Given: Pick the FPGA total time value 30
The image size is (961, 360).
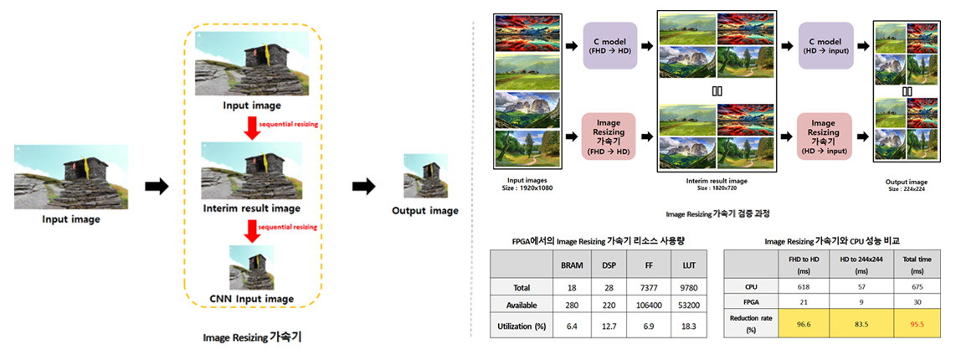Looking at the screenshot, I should coord(920,302).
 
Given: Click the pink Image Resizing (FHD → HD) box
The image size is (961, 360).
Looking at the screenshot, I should coord(609,137).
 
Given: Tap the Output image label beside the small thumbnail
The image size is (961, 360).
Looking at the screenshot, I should coord(425,210).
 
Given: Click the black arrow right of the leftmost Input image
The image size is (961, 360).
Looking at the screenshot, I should coord(156,186).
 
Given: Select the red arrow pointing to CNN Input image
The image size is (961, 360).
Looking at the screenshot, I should coord(252,230).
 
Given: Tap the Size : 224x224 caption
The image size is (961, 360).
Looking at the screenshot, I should coord(906,188).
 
